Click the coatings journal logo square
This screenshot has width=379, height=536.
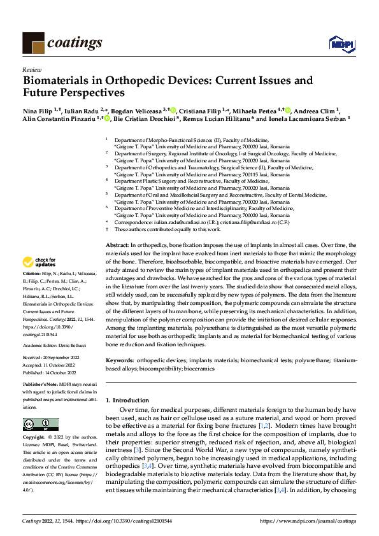(x=33, y=42)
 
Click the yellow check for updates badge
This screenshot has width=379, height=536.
(x=39, y=262)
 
